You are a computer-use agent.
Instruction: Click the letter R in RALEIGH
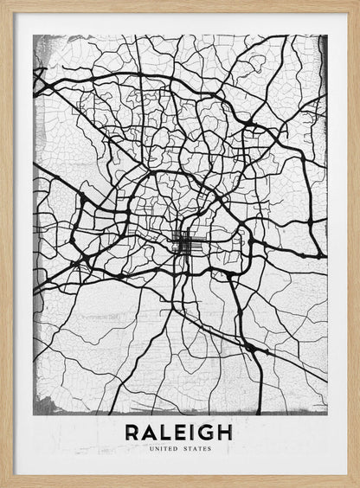(133, 432)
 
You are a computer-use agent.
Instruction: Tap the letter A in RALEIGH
(151, 432)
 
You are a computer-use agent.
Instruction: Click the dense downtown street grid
(183, 243)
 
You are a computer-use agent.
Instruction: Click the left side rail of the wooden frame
(5, 244)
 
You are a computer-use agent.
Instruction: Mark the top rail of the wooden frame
(180, 5)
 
